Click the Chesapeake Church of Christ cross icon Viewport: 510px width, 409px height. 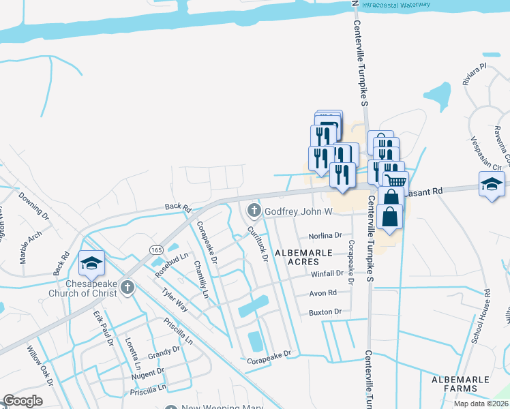(127, 288)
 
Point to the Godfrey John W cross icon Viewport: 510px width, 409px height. (255, 211)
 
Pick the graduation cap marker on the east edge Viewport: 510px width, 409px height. (492, 184)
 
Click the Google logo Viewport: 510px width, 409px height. (22, 401)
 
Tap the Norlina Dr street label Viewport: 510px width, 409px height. (325, 235)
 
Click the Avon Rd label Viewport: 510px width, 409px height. (323, 293)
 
